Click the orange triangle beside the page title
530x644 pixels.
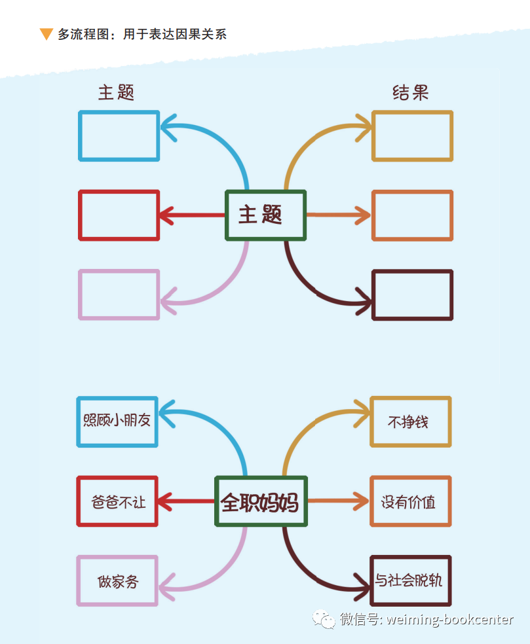pos(46,34)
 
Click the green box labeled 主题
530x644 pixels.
pos(265,215)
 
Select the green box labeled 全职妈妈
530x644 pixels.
pos(261,502)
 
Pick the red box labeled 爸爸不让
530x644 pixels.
pos(117,501)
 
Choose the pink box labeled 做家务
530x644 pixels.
pos(117,581)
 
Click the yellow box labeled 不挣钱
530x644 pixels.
pos(410,421)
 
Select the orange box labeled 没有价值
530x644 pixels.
pos(410,502)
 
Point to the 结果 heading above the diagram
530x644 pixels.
pos(410,93)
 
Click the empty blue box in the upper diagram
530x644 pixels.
pos(119,136)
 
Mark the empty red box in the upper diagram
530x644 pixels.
pos(119,215)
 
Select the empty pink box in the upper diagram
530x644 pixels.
pos(119,295)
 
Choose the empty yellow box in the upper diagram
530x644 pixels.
pos(412,136)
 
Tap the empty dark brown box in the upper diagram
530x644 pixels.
pos(412,295)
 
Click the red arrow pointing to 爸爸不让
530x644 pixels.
pos(186,502)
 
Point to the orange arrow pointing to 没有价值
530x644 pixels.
pos(338,502)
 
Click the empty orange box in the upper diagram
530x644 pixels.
pos(412,215)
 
